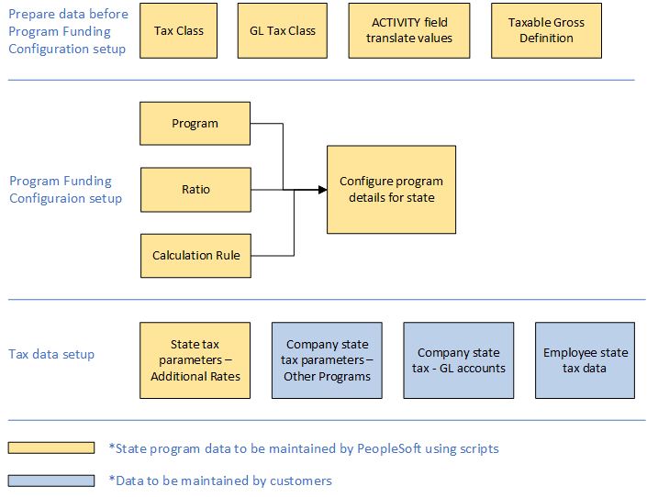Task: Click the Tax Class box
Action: click(x=178, y=30)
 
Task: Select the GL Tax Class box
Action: click(x=282, y=30)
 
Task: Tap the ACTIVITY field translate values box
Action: click(x=408, y=30)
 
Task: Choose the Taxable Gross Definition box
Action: click(x=545, y=30)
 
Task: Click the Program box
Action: click(x=195, y=124)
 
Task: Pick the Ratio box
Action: click(x=195, y=190)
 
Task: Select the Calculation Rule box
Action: click(x=195, y=255)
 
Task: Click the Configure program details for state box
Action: click(x=391, y=190)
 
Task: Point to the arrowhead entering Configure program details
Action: click(x=322, y=190)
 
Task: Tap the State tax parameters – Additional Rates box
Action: click(x=195, y=360)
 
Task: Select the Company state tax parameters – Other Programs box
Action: click(x=327, y=360)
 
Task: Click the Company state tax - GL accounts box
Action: click(x=458, y=360)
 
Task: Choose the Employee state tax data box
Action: click(x=585, y=360)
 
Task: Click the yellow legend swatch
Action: click(x=51, y=448)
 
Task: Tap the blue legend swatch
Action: click(x=51, y=480)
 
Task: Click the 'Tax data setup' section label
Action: click(x=51, y=355)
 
